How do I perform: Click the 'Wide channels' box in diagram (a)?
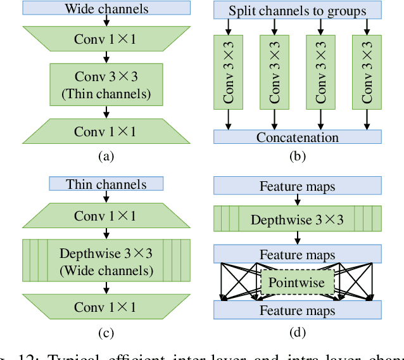coord(106,9)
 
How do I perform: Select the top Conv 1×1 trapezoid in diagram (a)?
coord(106,39)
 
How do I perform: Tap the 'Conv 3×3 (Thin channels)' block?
coord(106,85)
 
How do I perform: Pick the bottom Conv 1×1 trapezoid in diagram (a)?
coord(106,131)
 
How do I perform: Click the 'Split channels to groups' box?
coord(298,11)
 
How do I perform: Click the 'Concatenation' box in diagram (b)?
coord(298,137)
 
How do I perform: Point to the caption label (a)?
coord(106,156)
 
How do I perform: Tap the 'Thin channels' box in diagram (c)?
coord(106,184)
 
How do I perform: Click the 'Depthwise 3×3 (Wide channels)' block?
coord(106,262)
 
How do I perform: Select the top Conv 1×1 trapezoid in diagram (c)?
coord(106,215)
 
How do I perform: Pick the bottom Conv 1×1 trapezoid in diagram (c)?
coord(106,307)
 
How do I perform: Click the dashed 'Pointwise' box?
coord(297,282)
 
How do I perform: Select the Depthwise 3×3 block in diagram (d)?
coord(298,220)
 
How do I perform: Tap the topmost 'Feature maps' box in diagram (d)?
coord(298,186)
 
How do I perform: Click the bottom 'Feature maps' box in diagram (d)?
coord(298,311)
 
